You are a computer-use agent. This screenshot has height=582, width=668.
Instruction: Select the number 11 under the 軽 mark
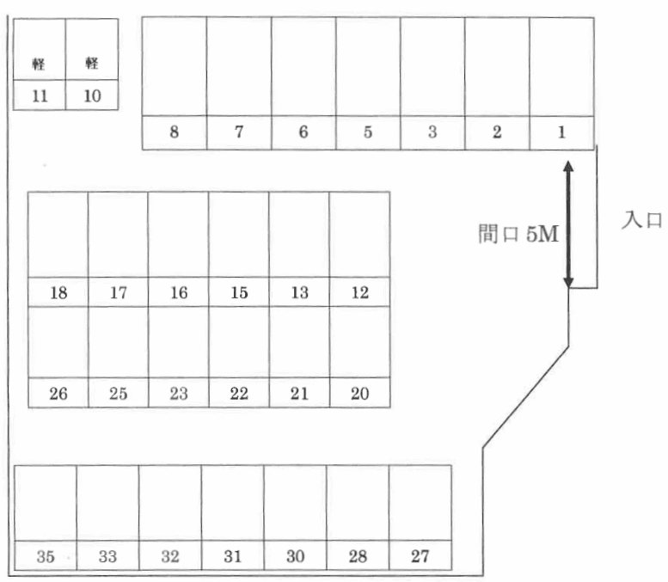pyautogui.click(x=40, y=95)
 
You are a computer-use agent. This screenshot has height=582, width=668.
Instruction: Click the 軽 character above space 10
pyautogui.click(x=92, y=63)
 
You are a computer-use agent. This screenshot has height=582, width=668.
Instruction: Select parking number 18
pyautogui.click(x=58, y=293)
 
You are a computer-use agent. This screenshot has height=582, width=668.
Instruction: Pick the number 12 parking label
pyautogui.click(x=360, y=293)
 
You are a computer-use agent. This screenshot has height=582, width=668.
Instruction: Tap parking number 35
pyautogui.click(x=46, y=556)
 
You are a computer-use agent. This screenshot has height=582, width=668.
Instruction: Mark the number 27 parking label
pyautogui.click(x=420, y=556)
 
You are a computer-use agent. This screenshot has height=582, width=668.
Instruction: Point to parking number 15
pyautogui.click(x=239, y=293)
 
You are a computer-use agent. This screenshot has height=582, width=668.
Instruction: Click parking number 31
pyautogui.click(x=232, y=556)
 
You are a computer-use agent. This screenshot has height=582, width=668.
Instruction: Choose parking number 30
pyautogui.click(x=295, y=556)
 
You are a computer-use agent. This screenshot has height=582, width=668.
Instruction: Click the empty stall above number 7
pyautogui.click(x=239, y=67)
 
